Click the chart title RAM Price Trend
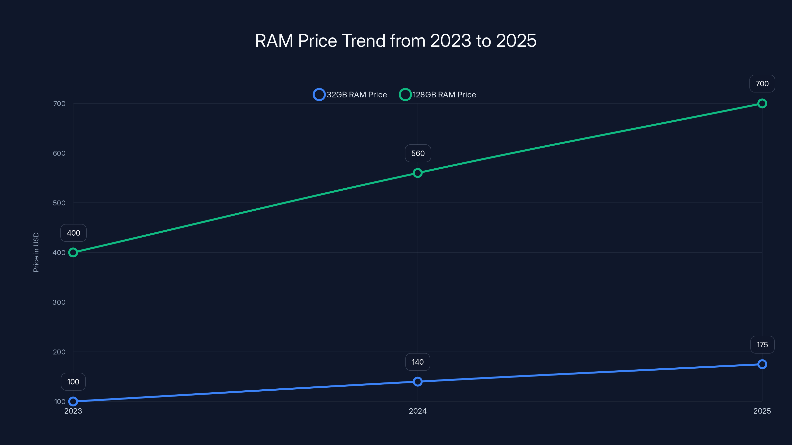[x=396, y=41]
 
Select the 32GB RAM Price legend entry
[x=350, y=95]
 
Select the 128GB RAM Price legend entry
[x=438, y=95]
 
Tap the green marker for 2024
[x=418, y=173]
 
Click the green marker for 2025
[x=762, y=104]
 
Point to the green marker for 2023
[x=73, y=252]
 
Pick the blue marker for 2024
[x=418, y=381]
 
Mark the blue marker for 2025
[x=762, y=364]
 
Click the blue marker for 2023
[x=73, y=401]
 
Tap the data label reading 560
[x=418, y=153]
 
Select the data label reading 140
[x=418, y=362]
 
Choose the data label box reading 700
[x=762, y=84]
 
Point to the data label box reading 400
[x=74, y=233]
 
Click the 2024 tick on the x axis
[x=418, y=411]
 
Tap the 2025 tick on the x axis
[x=762, y=411]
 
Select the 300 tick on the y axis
[x=59, y=302]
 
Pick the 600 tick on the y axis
[x=59, y=153]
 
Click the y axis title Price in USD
[x=36, y=252]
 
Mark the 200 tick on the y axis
[x=59, y=352]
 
